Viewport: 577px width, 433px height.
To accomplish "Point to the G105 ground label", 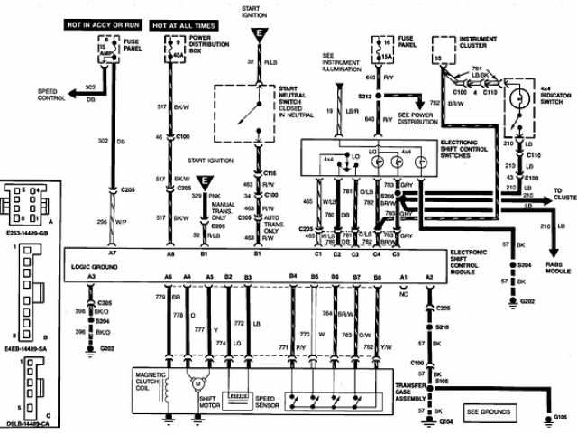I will (561, 419).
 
